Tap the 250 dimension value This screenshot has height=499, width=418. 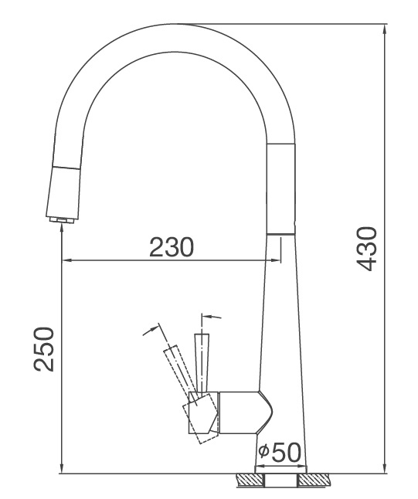(x=44, y=348)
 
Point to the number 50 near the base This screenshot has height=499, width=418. (x=284, y=452)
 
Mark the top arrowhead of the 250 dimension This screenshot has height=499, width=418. (x=60, y=230)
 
